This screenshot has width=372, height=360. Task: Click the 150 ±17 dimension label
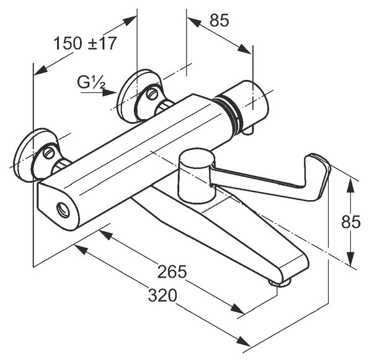pos(86,43)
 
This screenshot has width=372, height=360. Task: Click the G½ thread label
pos(91,83)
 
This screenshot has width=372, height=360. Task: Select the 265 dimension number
pos(172,271)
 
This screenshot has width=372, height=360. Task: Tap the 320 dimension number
pos(162,295)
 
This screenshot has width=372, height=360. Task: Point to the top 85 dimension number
pos(219,20)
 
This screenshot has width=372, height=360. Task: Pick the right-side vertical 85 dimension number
pos(351,222)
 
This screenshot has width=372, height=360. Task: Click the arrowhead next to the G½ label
pos(109,93)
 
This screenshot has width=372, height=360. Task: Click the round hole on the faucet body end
pos(63,209)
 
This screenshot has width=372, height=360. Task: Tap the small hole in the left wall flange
pos(49,152)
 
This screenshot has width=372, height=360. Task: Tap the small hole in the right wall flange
pos(152,94)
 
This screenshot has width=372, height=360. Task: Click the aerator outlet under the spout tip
pos(280,283)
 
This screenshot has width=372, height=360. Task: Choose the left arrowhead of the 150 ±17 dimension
pos(40,70)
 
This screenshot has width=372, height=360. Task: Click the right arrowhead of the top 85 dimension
pos(245,49)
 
